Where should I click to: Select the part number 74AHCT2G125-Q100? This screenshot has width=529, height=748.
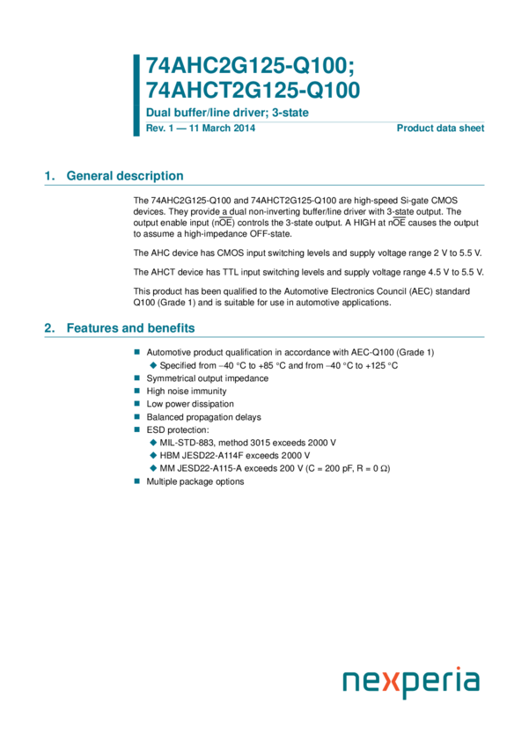(253, 90)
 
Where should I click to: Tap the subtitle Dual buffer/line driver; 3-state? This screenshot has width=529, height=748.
(227, 114)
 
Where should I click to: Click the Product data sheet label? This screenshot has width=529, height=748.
(441, 128)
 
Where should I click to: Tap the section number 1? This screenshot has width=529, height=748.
(49, 176)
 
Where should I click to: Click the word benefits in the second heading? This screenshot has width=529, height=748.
(171, 328)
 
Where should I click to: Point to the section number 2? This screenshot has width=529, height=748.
(49, 328)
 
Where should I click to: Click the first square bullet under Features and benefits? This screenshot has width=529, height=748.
(137, 351)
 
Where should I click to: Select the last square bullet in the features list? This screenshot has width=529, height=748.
(137, 480)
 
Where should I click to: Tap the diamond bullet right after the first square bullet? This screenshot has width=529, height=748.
(153, 364)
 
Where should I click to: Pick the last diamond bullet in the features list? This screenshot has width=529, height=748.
(153, 468)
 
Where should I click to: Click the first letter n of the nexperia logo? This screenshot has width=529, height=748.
(352, 684)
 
